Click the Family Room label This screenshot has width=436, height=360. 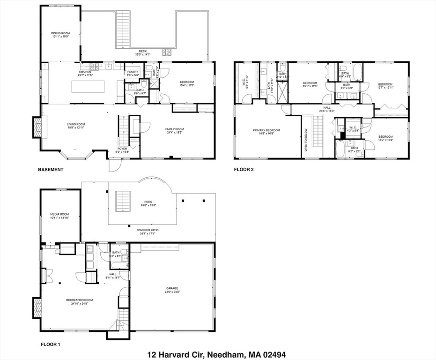(x=174, y=130)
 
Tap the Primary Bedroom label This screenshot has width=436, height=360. (x=266, y=132)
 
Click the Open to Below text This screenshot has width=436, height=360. (x=305, y=138)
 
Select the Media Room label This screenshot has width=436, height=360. (x=60, y=216)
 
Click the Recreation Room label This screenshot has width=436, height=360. (x=79, y=301)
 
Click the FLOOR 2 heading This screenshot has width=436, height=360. (x=244, y=170)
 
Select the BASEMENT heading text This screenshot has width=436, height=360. (x=51, y=170)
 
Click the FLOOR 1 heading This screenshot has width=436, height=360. (x=51, y=345)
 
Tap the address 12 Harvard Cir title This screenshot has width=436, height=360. (x=216, y=354)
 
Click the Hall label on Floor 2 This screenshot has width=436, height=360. (x=326, y=109)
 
